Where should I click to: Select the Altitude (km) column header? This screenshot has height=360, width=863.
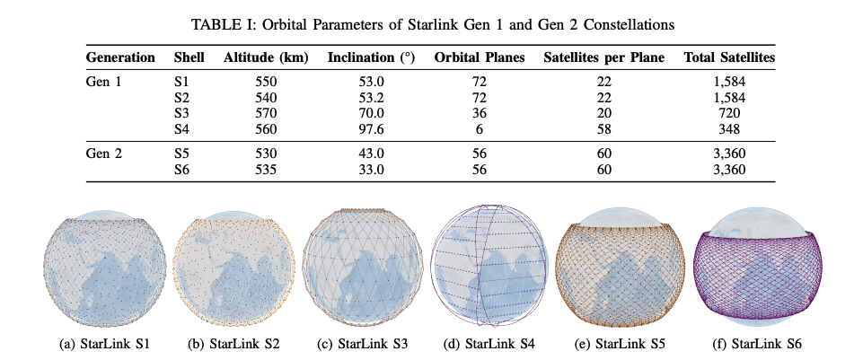[x=266, y=57]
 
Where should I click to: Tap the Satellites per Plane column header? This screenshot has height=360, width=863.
[x=603, y=57]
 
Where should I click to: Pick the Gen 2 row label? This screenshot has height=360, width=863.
[x=105, y=153]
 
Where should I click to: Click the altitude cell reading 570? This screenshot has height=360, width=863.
[x=266, y=113]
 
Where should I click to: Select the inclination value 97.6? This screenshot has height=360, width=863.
[x=371, y=129]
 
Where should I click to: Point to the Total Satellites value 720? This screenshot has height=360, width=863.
[x=729, y=113]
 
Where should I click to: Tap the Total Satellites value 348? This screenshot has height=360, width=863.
[x=729, y=129]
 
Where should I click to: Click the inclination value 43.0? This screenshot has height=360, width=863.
[x=371, y=153]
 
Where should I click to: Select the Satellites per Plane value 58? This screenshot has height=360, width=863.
[x=603, y=129]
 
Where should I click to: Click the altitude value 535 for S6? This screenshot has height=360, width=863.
[x=266, y=169]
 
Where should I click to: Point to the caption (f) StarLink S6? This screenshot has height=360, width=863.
[x=763, y=343]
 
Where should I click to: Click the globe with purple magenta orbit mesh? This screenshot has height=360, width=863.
[x=763, y=267]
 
